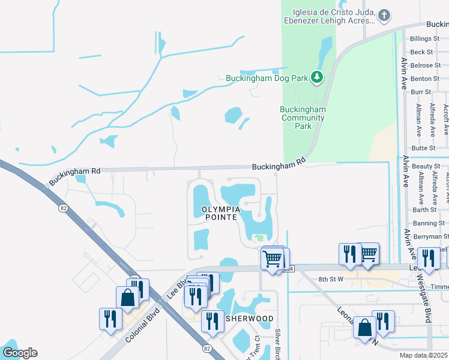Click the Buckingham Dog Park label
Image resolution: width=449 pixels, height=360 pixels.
click(267, 77)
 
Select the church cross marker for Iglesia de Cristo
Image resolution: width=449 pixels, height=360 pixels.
click(384, 16)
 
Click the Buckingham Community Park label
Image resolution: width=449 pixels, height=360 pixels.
click(304, 118)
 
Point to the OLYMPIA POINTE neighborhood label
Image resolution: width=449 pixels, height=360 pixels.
click(215, 214)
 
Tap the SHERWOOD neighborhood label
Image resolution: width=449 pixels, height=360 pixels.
click(249, 319)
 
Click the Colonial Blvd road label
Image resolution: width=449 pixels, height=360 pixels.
click(141, 326)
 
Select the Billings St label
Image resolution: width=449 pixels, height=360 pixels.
click(426, 38)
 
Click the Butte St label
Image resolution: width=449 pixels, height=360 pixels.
click(423, 148)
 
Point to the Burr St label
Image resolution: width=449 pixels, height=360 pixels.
click(421, 92)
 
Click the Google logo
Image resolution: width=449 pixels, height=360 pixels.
click(19, 353)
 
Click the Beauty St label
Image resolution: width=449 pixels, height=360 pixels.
click(426, 166)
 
